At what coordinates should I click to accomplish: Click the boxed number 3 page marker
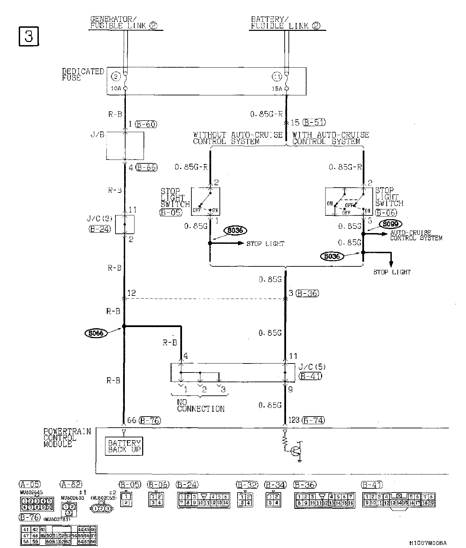pyautogui.click(x=28, y=37)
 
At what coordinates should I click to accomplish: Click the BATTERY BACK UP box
pyautogui.click(x=124, y=446)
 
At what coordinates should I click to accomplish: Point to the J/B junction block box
pyautogui.click(x=125, y=146)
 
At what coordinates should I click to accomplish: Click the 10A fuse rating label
pyautogui.click(x=116, y=89)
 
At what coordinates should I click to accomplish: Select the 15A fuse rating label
pyautogui.click(x=277, y=89)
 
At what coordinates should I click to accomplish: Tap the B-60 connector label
pyautogui.click(x=146, y=124)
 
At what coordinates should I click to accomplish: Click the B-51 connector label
pyautogui.click(x=314, y=122)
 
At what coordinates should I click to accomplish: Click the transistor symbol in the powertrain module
pyautogui.click(x=296, y=451)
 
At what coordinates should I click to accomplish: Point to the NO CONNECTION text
pyautogui.click(x=201, y=405)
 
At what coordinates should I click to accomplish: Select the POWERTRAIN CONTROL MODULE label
pyautogui.click(x=67, y=438)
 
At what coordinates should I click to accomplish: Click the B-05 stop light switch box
pyautogui.click(x=206, y=201)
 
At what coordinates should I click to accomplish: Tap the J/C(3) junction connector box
pyautogui.click(x=125, y=224)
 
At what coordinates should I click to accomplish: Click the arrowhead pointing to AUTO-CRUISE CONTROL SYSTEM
pyautogui.click(x=385, y=234)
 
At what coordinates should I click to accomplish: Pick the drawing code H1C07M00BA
pyautogui.click(x=428, y=543)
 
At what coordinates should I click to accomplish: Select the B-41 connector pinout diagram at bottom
pyautogui.click(x=399, y=500)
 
